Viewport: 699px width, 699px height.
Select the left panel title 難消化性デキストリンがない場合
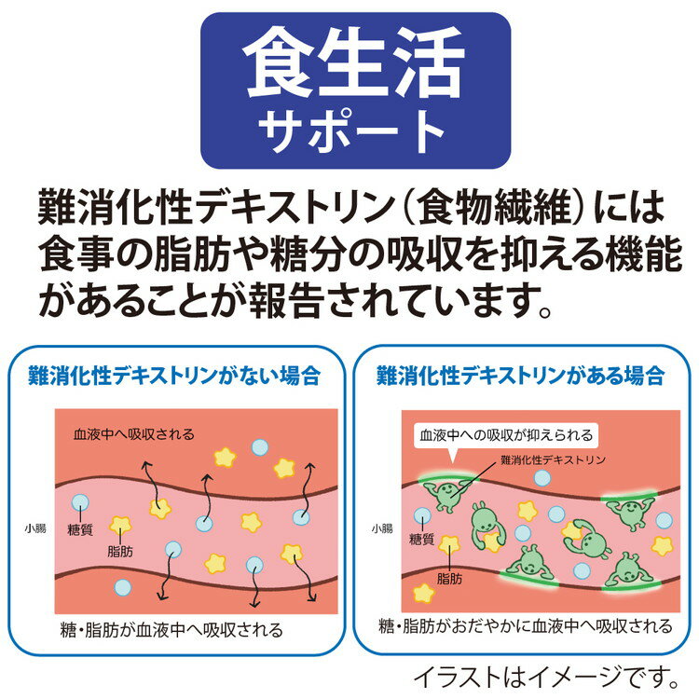click(174, 376)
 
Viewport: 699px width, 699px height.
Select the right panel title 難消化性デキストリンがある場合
click(521, 376)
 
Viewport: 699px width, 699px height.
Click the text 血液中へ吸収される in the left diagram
click(134, 434)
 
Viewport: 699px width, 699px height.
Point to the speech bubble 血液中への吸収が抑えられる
click(506, 435)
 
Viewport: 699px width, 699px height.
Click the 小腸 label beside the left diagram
click(35, 529)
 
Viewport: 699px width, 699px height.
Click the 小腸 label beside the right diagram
click(382, 529)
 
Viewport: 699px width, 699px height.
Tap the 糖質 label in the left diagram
click(80, 530)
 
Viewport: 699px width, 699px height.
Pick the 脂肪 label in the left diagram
click(120, 552)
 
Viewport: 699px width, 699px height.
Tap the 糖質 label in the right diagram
click(421, 540)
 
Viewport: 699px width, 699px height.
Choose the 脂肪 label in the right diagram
click(450, 579)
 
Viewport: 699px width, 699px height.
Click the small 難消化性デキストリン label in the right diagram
click(554, 459)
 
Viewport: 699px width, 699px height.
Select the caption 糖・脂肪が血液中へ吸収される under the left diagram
click(171, 630)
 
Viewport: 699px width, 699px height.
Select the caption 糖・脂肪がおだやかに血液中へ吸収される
click(526, 626)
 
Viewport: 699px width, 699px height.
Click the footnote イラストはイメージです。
click(546, 678)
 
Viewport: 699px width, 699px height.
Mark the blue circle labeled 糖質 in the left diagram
click(80, 503)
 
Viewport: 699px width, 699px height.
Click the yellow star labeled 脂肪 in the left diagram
click(120, 526)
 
